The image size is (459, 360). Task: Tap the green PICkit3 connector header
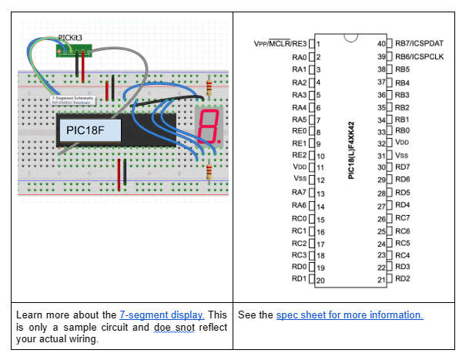[75, 50]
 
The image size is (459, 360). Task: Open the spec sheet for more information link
[350, 315]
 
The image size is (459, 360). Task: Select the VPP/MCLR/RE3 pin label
[280, 43]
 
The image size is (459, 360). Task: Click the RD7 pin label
[403, 167]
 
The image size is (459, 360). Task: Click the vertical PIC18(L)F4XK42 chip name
[351, 150]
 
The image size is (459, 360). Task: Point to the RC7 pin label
[403, 217]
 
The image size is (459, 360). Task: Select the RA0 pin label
[300, 56]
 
